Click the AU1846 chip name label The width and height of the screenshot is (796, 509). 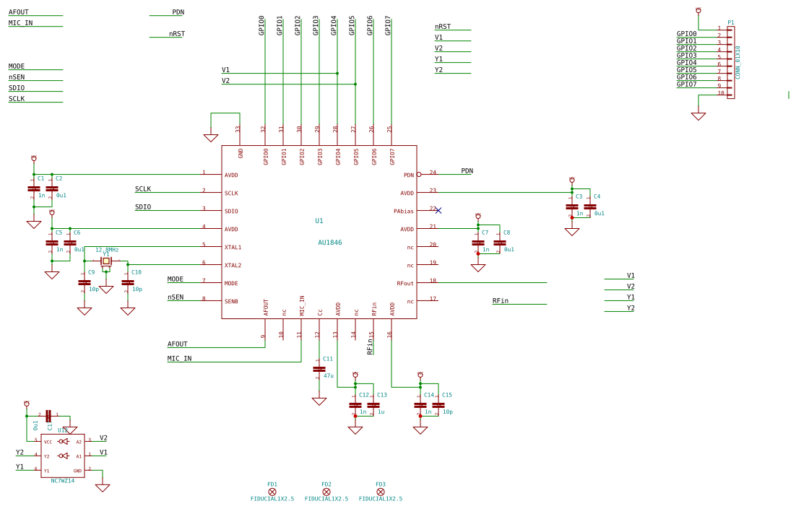330,243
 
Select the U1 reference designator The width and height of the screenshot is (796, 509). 319,221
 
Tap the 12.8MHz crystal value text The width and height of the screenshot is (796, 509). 107,250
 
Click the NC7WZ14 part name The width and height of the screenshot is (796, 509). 62,481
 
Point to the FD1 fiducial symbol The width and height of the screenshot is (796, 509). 272,492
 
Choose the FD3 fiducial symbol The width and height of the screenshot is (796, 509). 381,492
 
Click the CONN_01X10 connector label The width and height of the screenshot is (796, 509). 737,62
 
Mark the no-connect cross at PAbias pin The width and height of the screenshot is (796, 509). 438,210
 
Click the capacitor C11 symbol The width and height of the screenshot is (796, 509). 319,369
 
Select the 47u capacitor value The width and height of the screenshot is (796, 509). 329,375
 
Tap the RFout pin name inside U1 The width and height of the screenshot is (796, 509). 405,284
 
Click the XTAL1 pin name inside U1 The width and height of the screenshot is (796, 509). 233,248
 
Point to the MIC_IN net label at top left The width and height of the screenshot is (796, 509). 20,23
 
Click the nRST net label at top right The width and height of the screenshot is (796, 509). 443,27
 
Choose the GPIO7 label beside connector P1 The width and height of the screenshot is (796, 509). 687,84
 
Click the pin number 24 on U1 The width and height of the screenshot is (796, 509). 433,173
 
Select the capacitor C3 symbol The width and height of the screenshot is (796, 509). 572,206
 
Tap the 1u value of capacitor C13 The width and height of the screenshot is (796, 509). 381,412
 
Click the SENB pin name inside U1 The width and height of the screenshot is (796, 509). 231,302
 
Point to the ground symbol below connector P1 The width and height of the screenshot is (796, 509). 698,116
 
